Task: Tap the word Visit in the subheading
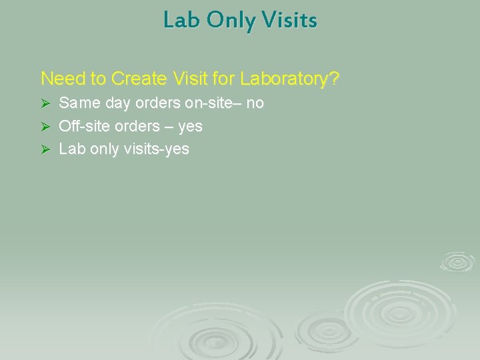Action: point(190,79)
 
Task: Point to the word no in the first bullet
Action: point(255,103)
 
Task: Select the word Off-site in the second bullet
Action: point(83,126)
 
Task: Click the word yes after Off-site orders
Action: point(190,127)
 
